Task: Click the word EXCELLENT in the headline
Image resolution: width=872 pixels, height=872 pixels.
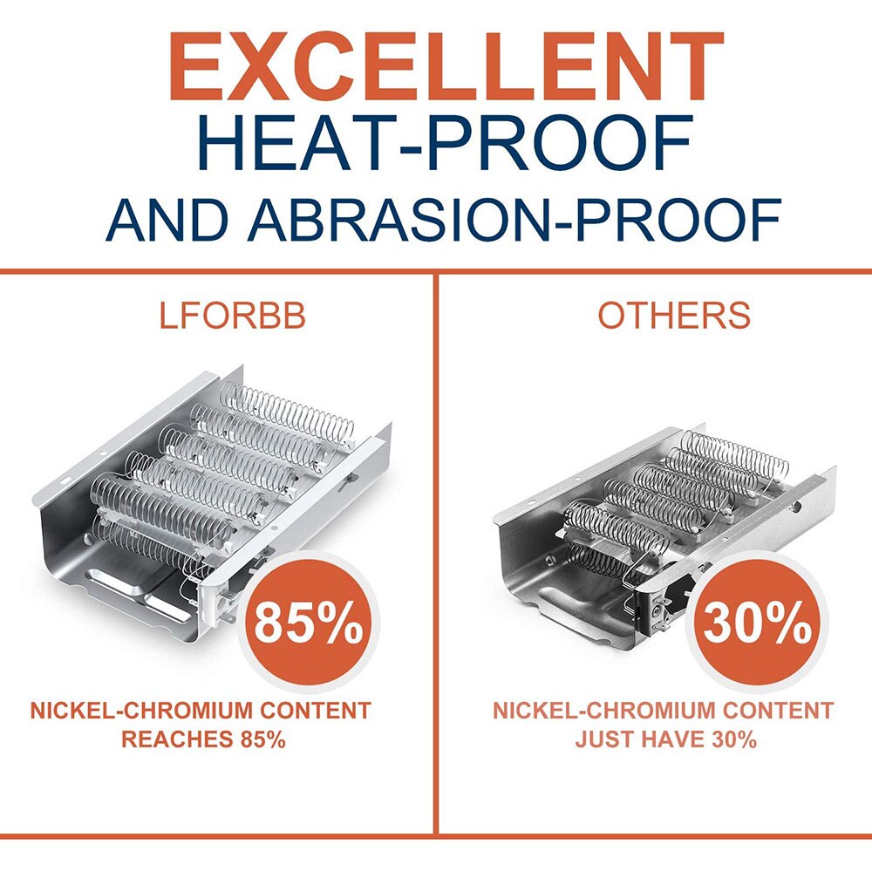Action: click(x=446, y=67)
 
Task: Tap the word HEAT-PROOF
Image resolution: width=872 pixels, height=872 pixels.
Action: click(x=446, y=144)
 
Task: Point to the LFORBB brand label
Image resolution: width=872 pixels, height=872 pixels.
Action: click(x=233, y=316)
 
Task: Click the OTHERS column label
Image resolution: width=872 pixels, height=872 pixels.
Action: click(x=674, y=316)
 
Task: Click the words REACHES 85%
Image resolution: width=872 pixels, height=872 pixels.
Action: click(x=203, y=739)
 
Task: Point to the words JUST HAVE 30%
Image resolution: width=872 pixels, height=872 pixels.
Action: click(x=666, y=739)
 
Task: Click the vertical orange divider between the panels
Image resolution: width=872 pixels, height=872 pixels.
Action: click(x=435, y=554)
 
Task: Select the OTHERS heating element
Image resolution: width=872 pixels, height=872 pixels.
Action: click(x=664, y=534)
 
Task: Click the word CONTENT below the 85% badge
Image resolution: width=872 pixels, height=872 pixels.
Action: click(x=316, y=711)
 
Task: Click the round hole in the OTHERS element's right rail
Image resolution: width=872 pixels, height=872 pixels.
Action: click(x=798, y=507)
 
